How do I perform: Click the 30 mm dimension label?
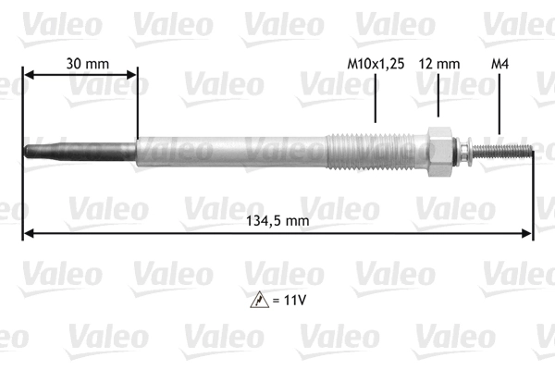click(x=87, y=64)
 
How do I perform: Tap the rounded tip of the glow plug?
click(x=28, y=151)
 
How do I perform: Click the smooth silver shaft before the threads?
click(x=231, y=151)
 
